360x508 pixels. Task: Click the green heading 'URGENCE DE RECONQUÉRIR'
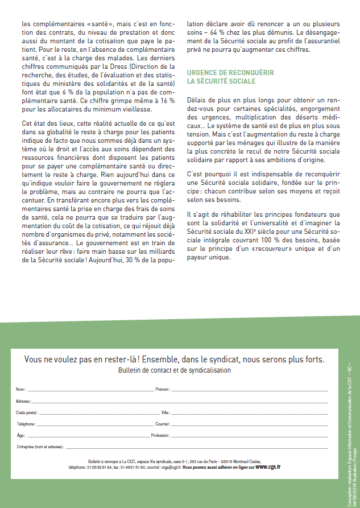(x=230, y=73)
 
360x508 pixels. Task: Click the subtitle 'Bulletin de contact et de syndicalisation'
(x=175, y=370)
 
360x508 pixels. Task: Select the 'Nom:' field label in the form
(x=20, y=390)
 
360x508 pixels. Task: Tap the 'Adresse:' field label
(x=23, y=401)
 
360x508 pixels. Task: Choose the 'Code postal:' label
(x=27, y=412)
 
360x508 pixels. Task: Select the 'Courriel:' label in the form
(x=163, y=424)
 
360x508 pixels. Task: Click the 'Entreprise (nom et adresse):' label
(x=40, y=447)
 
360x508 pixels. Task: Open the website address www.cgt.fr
(x=267, y=466)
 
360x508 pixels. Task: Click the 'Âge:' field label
(x=20, y=435)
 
